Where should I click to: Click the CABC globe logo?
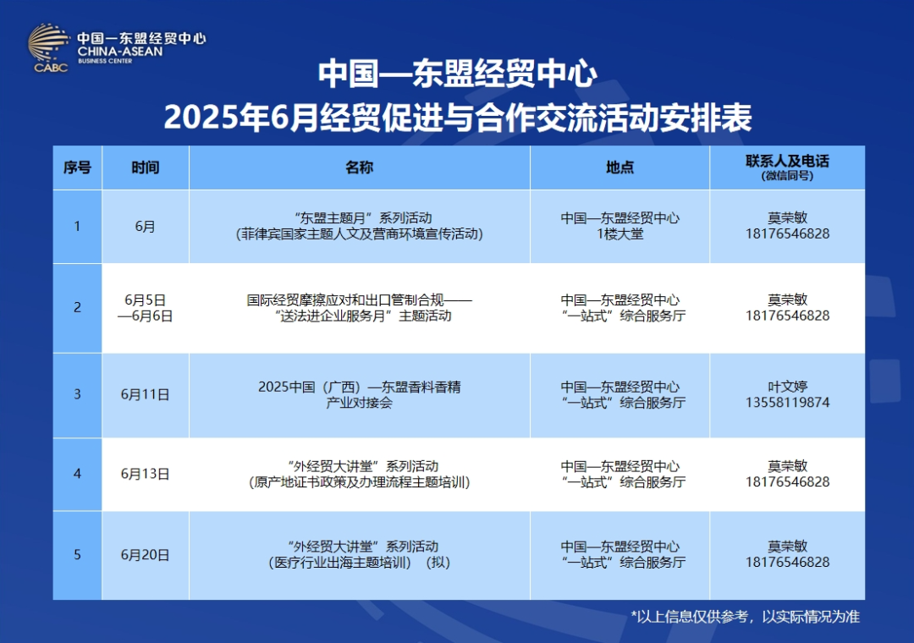coord(49,47)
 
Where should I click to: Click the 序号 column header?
coord(77,168)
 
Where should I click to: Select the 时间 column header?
coord(145,168)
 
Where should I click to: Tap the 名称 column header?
coord(359,168)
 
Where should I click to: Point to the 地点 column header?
coord(619,168)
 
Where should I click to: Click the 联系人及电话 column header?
coord(787,162)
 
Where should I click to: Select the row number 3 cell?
coord(77,394)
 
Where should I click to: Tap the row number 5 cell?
coord(77,555)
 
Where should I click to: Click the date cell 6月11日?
coord(145,394)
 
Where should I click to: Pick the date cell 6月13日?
coord(145,474)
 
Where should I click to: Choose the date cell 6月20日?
coord(145,555)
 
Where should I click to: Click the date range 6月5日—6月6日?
coord(145,308)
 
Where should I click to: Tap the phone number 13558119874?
coord(787,403)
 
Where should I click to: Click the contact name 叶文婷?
coord(787,387)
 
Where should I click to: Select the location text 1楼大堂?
coord(619,234)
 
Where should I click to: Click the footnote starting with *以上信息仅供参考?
coord(745,617)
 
